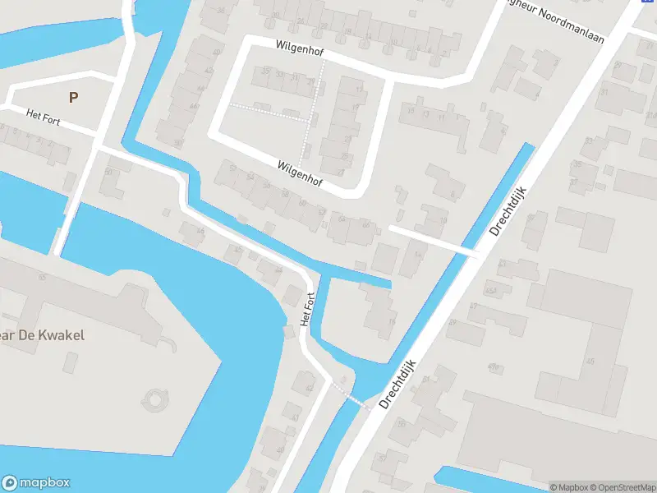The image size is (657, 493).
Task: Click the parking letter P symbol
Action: coord(74,97)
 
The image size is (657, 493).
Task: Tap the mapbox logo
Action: coord(36,483)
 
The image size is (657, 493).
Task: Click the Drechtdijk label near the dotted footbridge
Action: coord(399,383)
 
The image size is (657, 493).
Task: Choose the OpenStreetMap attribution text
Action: coord(623,487)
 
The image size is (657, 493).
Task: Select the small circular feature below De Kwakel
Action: coord(154,401)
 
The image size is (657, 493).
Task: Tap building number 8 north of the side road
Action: coord(453,194)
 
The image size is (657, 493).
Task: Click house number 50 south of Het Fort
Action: coord(108,172)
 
